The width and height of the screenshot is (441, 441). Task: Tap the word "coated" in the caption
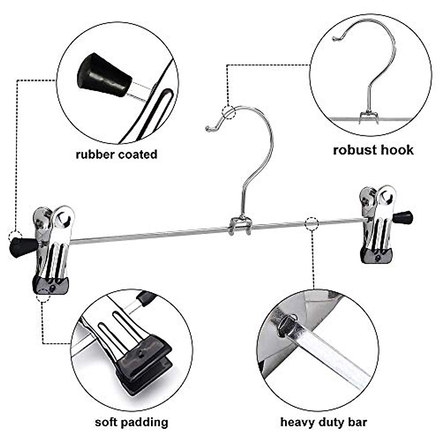pyautogui.click(x=137, y=154)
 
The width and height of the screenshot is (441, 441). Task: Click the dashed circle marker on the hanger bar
pyautogui.click(x=312, y=223)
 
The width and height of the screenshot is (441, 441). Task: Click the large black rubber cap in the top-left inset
pyautogui.click(x=104, y=76)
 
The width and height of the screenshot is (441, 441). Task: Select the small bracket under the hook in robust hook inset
pyautogui.click(x=369, y=117)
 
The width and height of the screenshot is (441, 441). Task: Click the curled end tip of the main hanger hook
pyautogui.click(x=208, y=128)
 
